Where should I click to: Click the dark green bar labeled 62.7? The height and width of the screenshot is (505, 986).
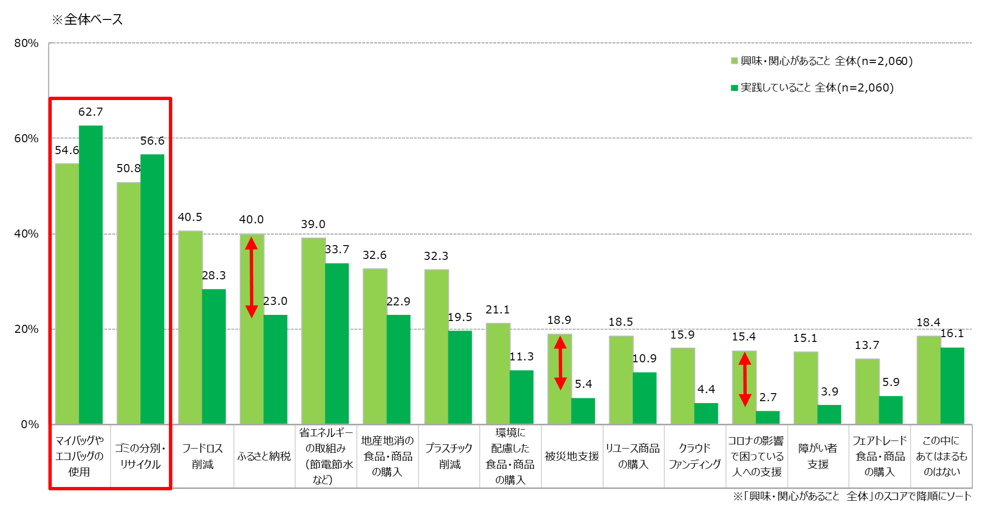point(91,275)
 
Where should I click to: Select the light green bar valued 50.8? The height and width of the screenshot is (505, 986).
point(129,303)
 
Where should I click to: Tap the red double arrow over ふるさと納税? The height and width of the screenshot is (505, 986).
point(251,277)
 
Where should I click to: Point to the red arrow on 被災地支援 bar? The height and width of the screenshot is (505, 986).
point(560,363)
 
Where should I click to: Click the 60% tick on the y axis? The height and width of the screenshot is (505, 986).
point(26,138)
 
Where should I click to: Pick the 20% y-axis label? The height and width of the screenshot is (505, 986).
point(26,329)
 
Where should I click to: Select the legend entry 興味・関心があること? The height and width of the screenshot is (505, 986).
point(821,61)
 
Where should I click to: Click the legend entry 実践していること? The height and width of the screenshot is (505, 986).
point(811,88)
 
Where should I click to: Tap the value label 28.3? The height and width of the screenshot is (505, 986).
point(214,275)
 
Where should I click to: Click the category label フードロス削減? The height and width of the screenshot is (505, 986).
point(203,456)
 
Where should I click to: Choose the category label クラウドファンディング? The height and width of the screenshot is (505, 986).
point(695,456)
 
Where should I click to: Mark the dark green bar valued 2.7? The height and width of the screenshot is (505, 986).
point(767,417)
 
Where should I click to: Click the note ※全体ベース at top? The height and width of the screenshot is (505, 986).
point(87,19)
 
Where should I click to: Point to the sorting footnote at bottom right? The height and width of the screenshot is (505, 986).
point(852,496)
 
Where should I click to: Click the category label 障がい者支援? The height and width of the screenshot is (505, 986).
point(818,456)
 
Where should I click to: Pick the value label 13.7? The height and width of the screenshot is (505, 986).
point(867,345)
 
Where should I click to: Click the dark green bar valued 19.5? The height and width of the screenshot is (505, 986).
point(460,377)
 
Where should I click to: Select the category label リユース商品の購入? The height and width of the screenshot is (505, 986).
point(633,456)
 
